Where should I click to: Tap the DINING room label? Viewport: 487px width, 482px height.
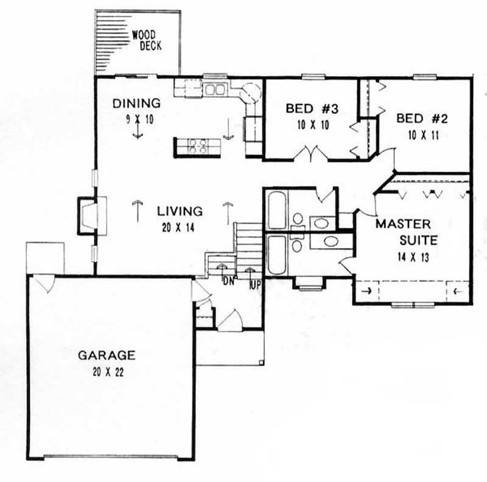pos(137,103)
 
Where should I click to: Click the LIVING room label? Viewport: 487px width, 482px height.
pos(180,212)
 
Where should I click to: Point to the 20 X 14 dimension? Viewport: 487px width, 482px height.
pos(180,228)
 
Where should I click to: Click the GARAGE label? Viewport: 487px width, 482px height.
pos(107,355)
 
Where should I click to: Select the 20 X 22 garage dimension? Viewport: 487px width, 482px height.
pos(107,371)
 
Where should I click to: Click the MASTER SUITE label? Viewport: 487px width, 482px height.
pos(403,232)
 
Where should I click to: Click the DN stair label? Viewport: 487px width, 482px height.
pos(228,281)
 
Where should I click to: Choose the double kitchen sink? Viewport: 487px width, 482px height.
pos(214,90)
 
